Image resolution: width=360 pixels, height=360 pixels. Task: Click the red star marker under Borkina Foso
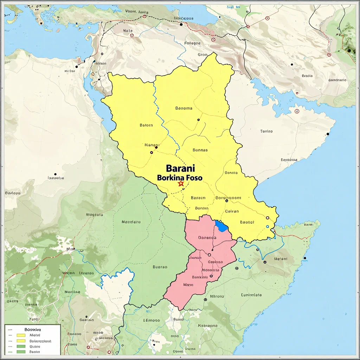click(181, 184)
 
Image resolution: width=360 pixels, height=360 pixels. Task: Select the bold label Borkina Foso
click(180, 178)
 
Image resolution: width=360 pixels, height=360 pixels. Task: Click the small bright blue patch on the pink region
click(221, 226)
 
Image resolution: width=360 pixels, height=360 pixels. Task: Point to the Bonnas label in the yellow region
click(200, 150)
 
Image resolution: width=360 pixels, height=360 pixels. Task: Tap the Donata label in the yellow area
click(231, 173)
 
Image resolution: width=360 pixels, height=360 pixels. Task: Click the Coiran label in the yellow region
click(232, 211)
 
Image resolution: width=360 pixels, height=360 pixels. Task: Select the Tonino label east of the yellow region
click(266, 131)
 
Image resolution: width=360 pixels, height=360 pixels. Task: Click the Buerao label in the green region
click(160, 267)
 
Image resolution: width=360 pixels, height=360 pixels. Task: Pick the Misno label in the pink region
click(188, 285)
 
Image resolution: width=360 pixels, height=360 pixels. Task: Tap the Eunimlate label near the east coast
click(251, 295)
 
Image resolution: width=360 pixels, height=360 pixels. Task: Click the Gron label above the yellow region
click(202, 55)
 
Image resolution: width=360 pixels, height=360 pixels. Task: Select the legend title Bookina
click(33, 330)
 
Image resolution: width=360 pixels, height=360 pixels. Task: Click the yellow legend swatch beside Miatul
click(21, 335)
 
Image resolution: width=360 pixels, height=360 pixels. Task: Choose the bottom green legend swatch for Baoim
click(21, 352)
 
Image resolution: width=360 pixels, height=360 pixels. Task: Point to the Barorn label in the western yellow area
click(146, 125)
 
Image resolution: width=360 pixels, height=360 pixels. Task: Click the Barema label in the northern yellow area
click(184, 108)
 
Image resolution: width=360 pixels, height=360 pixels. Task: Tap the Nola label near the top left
click(128, 31)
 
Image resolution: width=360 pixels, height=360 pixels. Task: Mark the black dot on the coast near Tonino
click(328, 134)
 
